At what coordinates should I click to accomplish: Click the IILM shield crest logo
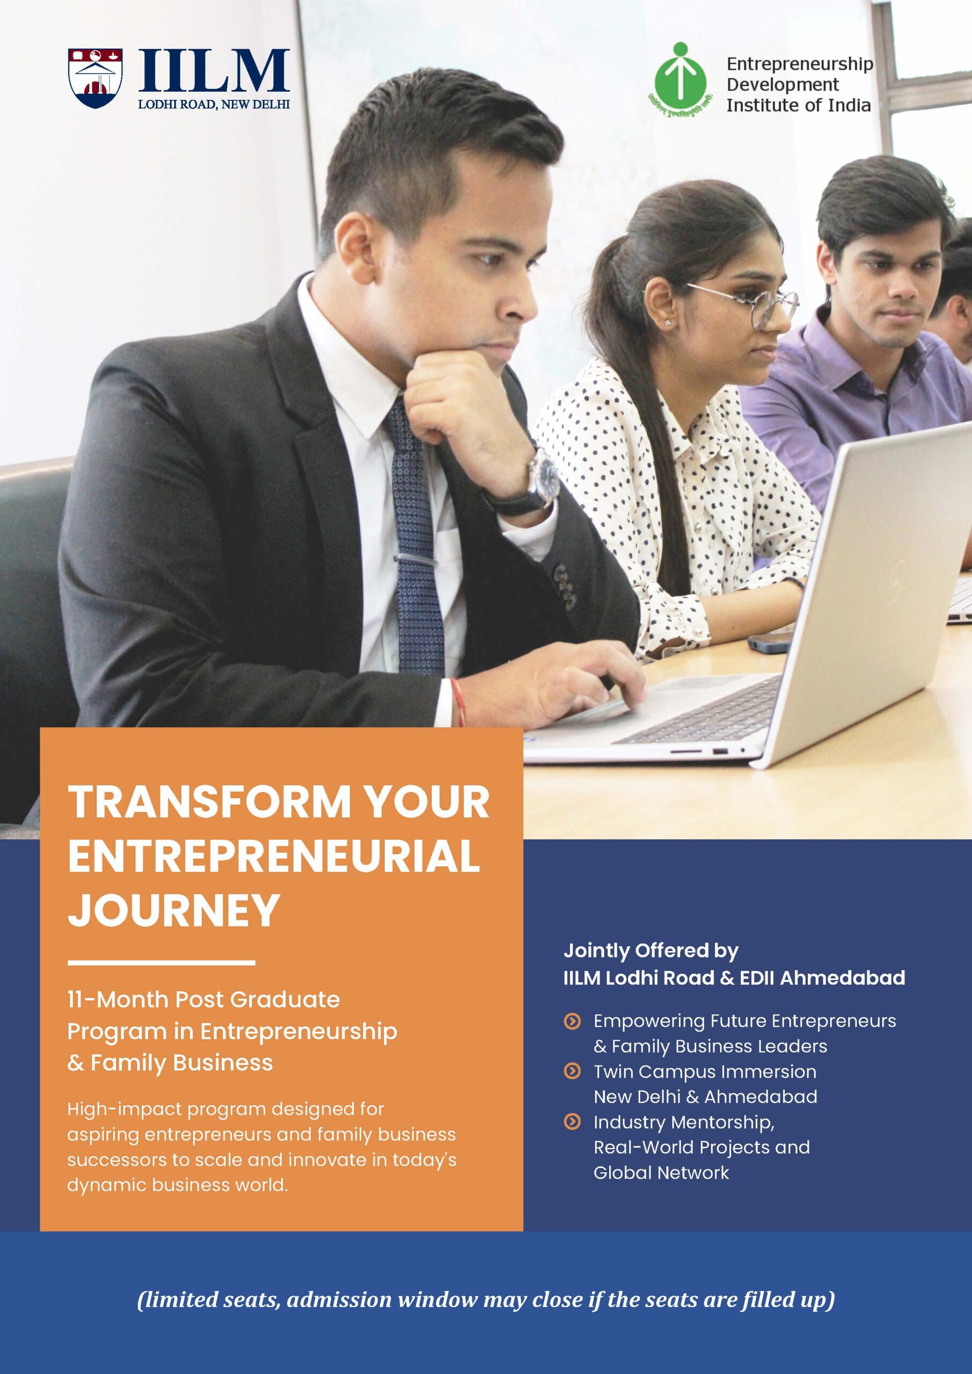point(96,78)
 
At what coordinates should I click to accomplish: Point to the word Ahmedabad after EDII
point(842,978)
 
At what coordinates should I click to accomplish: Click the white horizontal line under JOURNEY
point(162,963)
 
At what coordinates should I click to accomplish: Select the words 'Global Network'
point(661,1172)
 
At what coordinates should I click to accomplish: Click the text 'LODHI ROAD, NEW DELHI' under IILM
point(214,104)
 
